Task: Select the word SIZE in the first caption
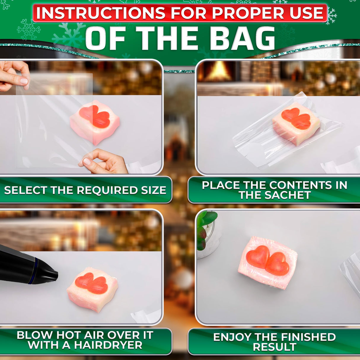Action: [154, 190]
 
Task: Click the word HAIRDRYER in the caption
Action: [108, 345]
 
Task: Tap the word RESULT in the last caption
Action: [275, 347]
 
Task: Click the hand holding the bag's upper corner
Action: [14, 75]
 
